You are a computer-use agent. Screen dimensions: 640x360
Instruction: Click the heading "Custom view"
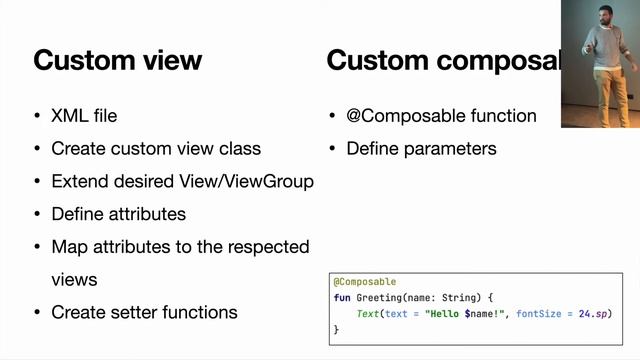117,60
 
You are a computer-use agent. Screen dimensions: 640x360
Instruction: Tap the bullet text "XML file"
84,116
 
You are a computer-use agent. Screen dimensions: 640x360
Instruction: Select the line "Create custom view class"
156,149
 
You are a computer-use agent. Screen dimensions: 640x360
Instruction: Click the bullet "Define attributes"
118,214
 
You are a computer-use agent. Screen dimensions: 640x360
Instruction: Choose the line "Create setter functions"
144,312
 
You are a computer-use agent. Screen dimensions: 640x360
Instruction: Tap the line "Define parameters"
421,149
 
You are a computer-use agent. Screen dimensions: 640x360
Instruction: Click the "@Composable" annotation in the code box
365,282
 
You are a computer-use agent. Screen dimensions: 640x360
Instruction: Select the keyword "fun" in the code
342,298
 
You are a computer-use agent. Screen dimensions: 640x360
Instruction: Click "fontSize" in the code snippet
540,314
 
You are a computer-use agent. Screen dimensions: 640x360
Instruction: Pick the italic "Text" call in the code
369,314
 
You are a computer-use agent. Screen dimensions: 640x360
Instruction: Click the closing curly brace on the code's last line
336,329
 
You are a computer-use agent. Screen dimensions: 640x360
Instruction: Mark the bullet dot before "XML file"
38,116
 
